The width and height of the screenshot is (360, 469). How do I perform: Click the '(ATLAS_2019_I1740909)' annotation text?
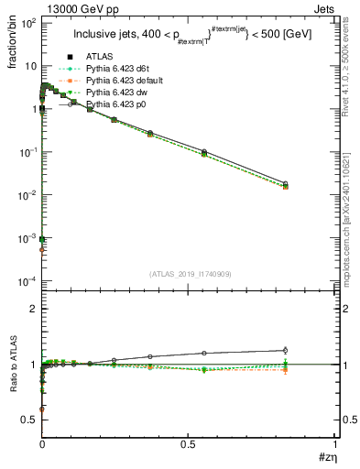coord(190,273)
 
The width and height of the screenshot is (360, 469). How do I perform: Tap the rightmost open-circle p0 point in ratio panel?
coord(311,350)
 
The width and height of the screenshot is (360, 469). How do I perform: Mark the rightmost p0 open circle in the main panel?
coord(311,183)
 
